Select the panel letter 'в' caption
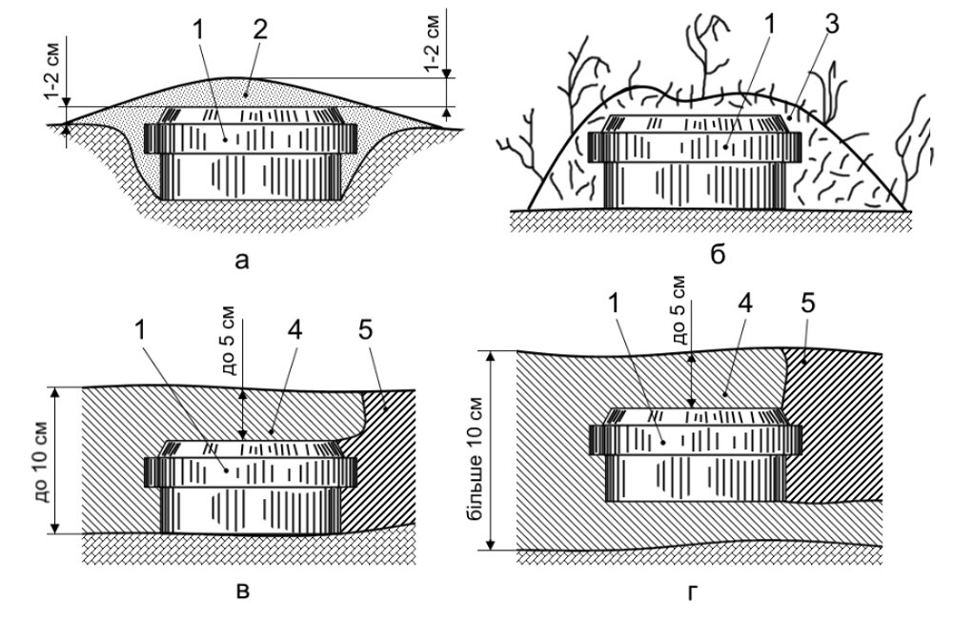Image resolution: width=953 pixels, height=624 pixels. point(242,591)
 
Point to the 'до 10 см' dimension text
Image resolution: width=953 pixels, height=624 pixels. point(39,460)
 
